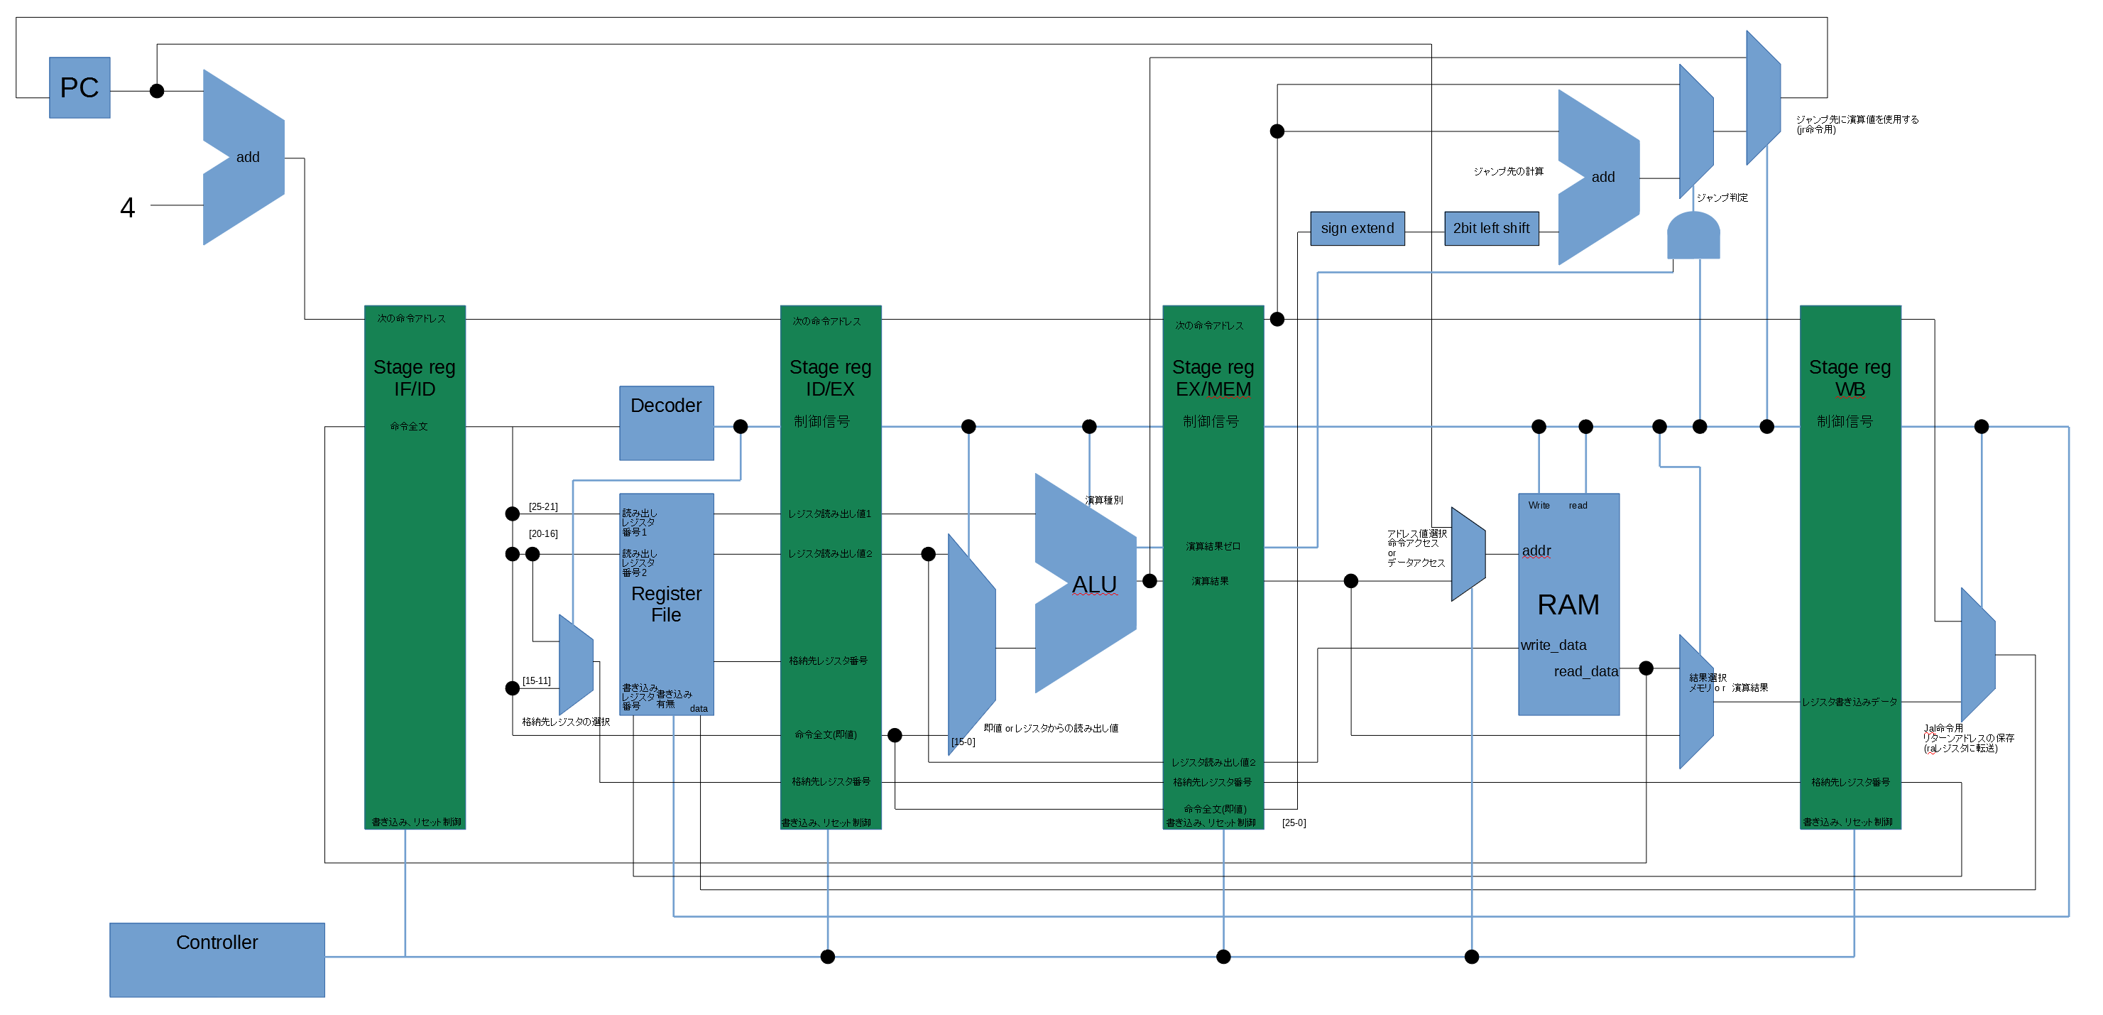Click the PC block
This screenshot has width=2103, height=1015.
80,87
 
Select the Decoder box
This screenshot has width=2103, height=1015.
665,421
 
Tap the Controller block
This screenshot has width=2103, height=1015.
217,959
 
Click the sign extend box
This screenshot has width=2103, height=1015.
1356,229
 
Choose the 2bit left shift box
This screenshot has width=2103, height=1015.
1491,229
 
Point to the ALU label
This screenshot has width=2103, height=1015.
1093,585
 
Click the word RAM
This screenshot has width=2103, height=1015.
1568,604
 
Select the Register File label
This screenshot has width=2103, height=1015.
665,604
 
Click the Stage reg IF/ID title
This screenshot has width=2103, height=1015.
414,377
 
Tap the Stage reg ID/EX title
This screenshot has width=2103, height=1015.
829,377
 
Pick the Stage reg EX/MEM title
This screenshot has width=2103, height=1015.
1213,377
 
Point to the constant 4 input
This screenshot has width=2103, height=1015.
127,207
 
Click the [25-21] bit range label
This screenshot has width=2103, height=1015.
543,506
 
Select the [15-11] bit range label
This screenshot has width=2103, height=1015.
536,680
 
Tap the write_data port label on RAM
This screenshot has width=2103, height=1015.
1553,645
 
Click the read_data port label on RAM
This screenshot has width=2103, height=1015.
1585,671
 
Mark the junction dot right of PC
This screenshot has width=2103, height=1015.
157,91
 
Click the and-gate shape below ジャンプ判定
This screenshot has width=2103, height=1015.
1693,236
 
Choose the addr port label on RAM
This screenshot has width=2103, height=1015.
1536,550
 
